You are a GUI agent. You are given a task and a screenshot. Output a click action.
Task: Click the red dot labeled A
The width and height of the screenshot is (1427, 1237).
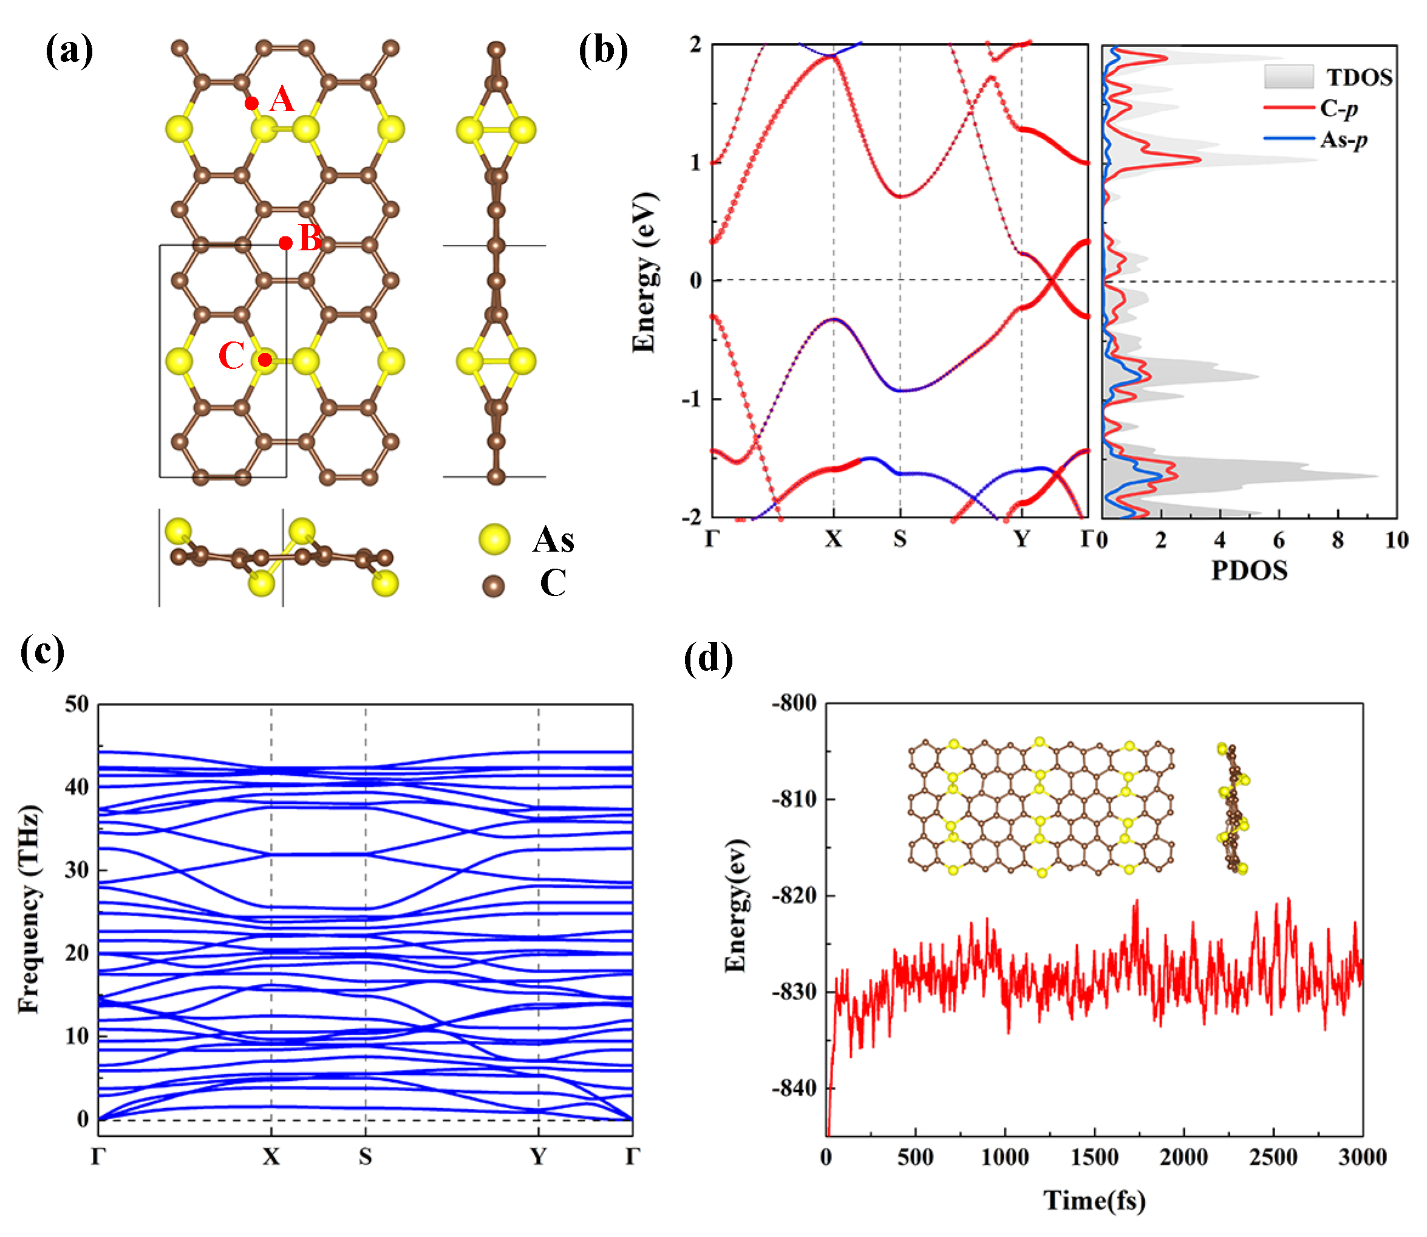point(252,103)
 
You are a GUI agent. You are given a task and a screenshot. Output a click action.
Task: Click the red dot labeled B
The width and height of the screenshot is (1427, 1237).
point(285,243)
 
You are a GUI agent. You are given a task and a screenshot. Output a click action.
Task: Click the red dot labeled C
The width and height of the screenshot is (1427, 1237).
point(265,360)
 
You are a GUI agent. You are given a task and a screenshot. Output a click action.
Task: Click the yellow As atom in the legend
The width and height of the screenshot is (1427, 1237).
point(494,539)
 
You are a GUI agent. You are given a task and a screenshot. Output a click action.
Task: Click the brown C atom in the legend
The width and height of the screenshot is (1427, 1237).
point(492,586)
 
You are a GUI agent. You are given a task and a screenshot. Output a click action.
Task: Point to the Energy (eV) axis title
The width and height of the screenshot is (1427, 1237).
point(644,272)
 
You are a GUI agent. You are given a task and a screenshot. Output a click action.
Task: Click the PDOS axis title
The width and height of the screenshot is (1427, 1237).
point(1249,570)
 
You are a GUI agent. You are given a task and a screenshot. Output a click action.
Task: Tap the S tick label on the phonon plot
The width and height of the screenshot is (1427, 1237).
point(365,1157)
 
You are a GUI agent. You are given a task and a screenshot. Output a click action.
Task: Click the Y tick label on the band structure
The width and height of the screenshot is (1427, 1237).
point(1021,539)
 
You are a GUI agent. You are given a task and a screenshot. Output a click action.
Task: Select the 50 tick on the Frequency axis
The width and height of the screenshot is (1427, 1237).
point(77,704)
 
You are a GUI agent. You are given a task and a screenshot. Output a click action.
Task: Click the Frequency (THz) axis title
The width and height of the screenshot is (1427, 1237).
point(29,909)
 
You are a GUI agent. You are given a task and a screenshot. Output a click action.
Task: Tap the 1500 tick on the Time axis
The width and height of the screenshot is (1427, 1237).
point(1094,1157)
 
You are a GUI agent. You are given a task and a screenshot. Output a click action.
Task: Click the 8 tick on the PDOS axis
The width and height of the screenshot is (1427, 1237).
point(1337,541)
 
